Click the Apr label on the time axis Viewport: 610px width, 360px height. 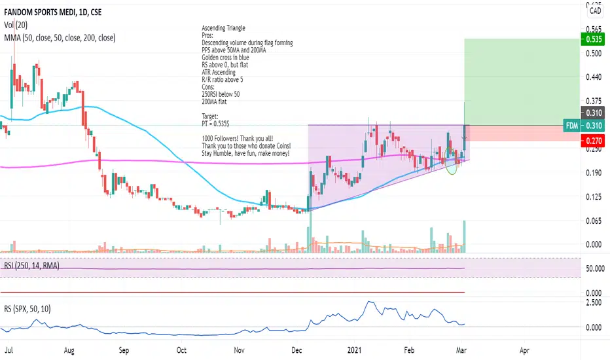[x=524, y=350]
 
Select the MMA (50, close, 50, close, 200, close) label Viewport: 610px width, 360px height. [x=59, y=38]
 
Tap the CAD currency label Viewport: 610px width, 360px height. [x=596, y=10]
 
